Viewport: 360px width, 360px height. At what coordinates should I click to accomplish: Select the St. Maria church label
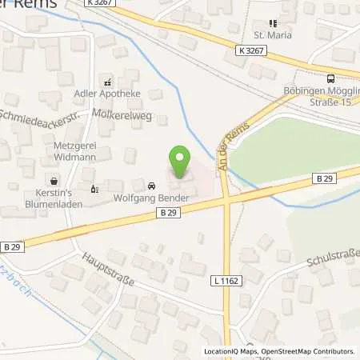(x=271, y=36)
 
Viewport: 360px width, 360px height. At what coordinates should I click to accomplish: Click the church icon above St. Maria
(x=271, y=24)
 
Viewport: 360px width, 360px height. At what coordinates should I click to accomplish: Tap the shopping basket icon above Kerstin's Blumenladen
(x=54, y=182)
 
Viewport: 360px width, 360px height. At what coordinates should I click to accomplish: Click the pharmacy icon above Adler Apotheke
(x=107, y=82)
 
